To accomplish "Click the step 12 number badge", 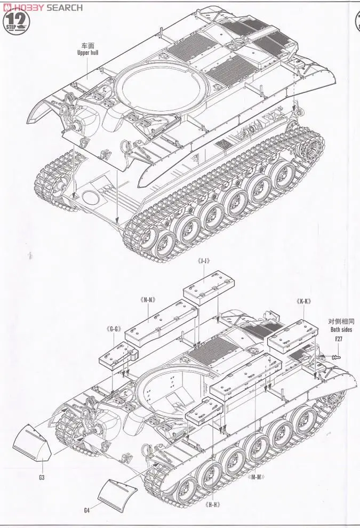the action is [15, 20].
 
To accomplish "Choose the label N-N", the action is [149, 299].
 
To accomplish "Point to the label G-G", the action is [113, 329].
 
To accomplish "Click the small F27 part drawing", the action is [336, 357].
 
